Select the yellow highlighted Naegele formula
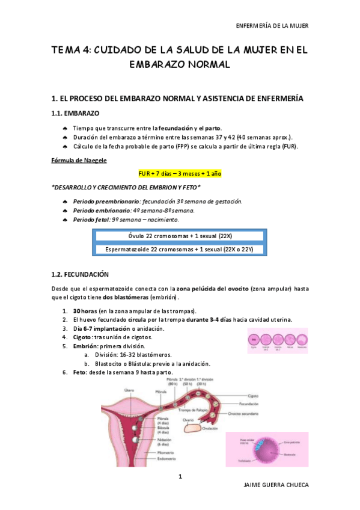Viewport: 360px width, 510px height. [x=180, y=173]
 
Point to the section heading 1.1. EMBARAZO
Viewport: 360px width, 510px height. [x=76, y=112]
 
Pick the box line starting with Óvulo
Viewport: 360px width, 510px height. [x=180, y=235]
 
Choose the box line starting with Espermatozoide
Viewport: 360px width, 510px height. [x=180, y=248]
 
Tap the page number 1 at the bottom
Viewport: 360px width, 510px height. [x=180, y=477]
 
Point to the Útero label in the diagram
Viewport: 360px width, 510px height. [x=129, y=390]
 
